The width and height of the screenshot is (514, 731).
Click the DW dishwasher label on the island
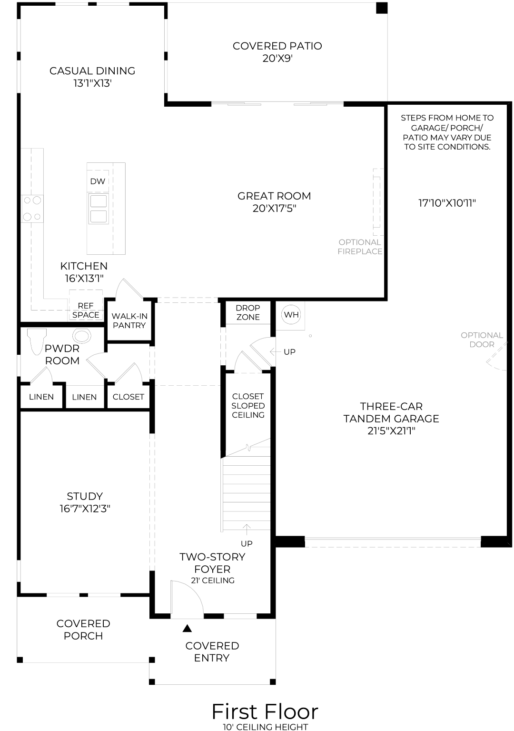point(98,181)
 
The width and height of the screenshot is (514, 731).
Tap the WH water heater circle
point(291,315)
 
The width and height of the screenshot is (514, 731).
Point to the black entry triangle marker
point(187,629)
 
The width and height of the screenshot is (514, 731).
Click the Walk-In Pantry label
point(129,320)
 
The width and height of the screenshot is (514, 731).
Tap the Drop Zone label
point(248,312)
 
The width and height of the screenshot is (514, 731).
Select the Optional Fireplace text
point(360,247)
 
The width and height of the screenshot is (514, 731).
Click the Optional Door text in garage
point(482,340)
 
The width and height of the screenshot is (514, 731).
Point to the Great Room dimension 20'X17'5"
point(275,209)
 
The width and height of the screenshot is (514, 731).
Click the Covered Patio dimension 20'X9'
point(277,59)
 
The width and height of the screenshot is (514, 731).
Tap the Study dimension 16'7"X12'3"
point(85,509)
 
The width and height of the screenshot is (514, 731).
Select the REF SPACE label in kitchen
point(86,310)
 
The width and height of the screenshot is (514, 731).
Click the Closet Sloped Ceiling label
point(248,406)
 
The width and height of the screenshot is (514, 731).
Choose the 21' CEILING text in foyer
point(212,581)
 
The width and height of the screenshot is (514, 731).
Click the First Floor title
point(265,711)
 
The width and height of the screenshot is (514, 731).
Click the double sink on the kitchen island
point(99,209)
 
